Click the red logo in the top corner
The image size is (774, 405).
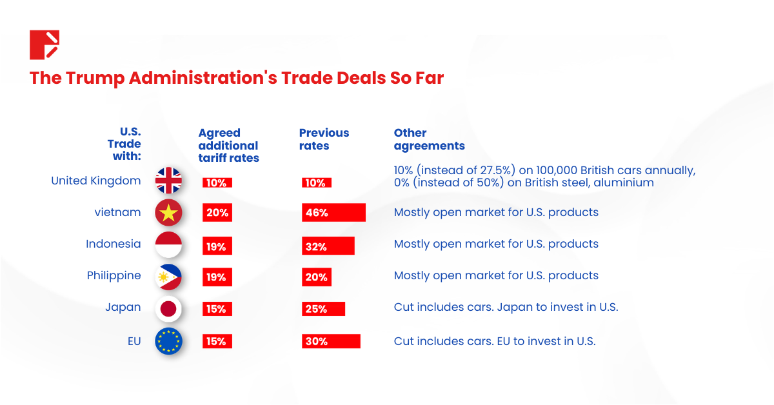pos(45,44)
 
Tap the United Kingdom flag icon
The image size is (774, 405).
pos(168,181)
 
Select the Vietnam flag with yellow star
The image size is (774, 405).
pos(168,213)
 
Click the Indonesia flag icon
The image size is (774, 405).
pos(168,244)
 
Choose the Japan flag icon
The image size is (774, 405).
pos(168,309)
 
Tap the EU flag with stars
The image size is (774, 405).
pos(168,341)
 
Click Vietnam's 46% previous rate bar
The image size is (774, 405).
pos(333,213)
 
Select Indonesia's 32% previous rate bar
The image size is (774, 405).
pos(328,246)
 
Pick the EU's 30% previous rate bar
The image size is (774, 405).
pos(331,341)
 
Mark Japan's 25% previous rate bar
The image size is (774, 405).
pos(323,309)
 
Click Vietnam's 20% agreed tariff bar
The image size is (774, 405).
pos(217,213)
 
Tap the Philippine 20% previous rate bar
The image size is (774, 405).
pos(316,277)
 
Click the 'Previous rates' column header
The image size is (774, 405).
pos(324,139)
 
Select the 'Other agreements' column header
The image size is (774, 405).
pos(429,139)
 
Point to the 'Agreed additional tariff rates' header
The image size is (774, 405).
pos(228,145)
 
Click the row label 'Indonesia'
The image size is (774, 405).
pos(113,244)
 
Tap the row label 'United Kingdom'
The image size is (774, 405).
pos(95,181)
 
